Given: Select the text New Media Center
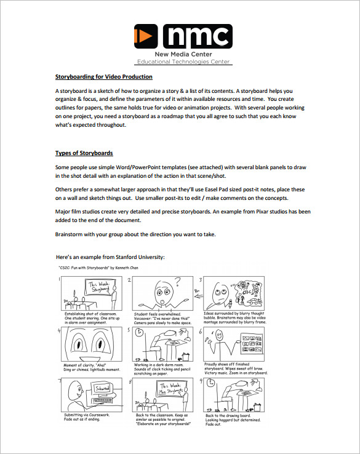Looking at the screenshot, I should click(182, 54).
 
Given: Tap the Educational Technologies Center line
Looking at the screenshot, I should click(183, 62).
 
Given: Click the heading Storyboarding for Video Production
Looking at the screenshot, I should click(103, 77).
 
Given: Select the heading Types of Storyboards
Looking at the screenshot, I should click(84, 153).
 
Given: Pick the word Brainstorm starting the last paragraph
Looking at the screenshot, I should click(72, 234).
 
